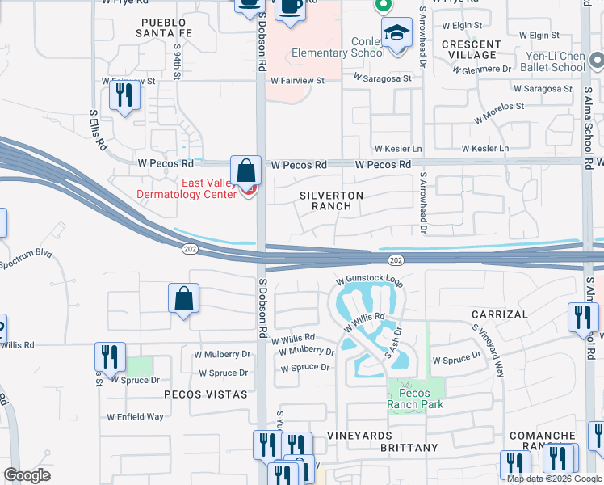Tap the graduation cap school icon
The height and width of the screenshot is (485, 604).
pos(396,35)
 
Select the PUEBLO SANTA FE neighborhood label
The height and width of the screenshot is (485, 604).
pos(168,27)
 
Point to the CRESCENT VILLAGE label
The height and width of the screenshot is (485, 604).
pos(472,49)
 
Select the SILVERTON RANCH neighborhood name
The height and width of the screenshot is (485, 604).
pos(331,200)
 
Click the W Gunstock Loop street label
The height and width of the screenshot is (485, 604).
pos(369,280)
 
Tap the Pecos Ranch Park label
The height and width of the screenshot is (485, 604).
pos(415,399)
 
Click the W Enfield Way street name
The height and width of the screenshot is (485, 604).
pos(135,417)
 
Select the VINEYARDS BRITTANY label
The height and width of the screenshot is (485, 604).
pos(382,441)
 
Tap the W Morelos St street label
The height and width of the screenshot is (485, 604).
pos(499,112)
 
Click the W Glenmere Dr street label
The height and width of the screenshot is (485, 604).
pos(482,70)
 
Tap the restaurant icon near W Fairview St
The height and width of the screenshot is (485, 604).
pos(124,96)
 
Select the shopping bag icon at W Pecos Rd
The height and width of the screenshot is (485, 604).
pos(245,172)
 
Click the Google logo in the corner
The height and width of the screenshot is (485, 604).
pos(27,475)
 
